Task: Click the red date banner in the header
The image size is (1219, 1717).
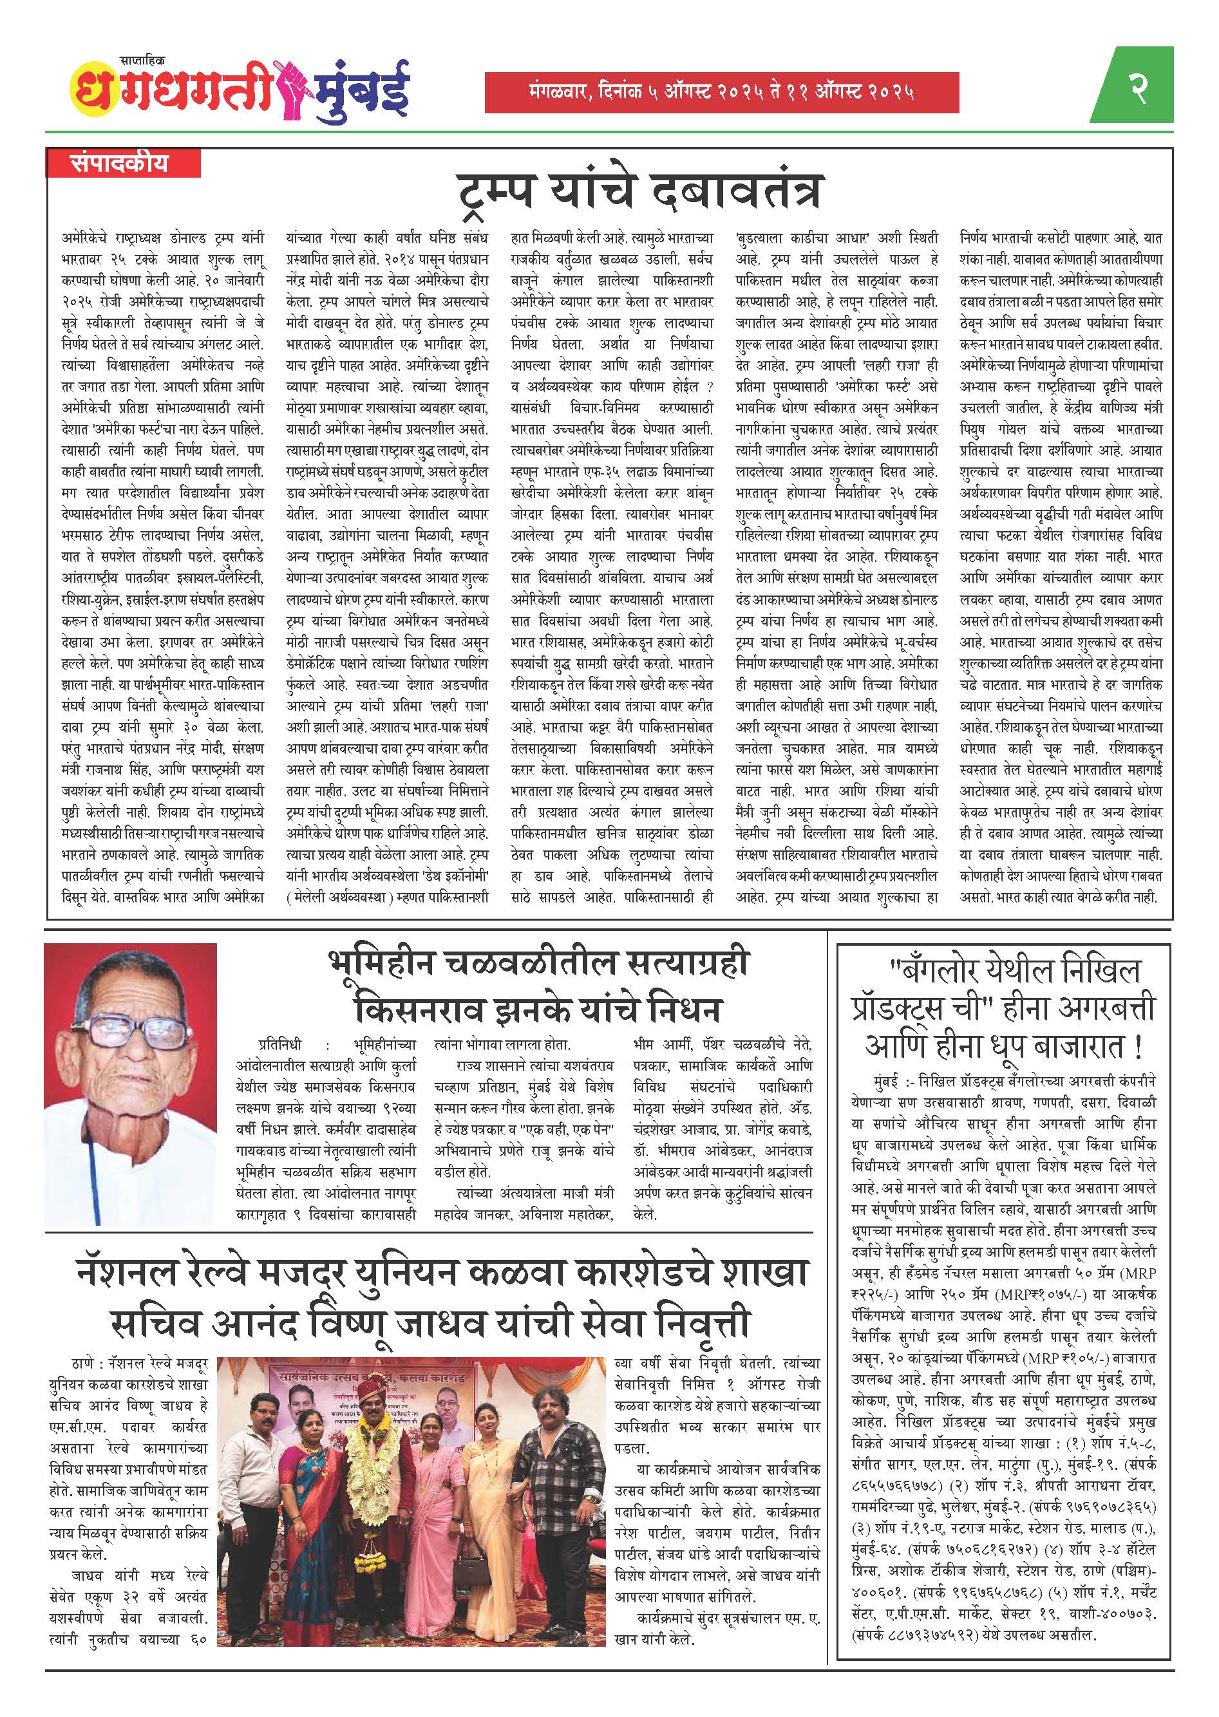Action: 721,93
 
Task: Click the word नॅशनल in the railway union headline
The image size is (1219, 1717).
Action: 142,1274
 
